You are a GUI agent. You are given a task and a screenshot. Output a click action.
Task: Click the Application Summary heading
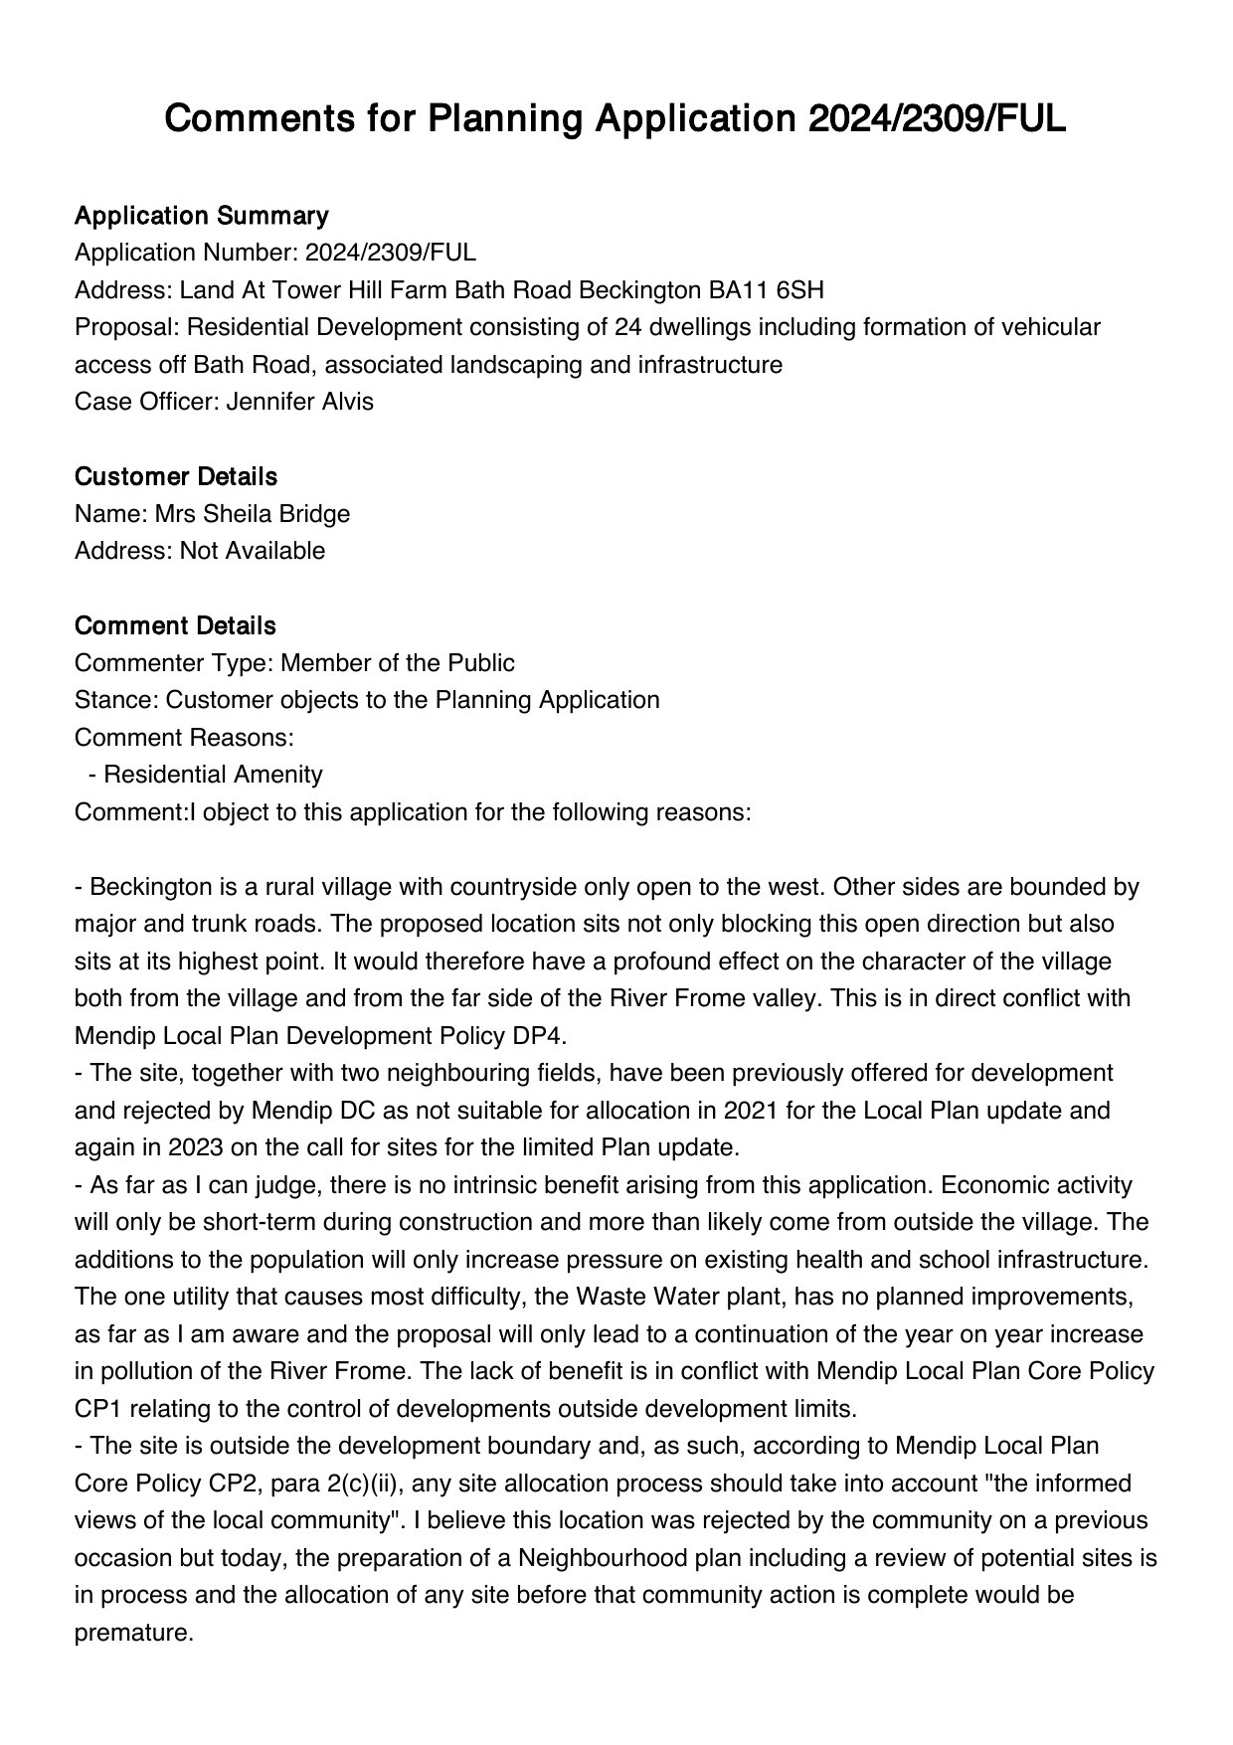pyautogui.click(x=201, y=216)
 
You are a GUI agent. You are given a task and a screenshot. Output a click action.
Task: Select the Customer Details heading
pyautogui.click(x=175, y=477)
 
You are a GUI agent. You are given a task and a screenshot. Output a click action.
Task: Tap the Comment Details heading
pyautogui.click(x=175, y=626)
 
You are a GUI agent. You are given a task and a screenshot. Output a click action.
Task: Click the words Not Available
pyautogui.click(x=252, y=551)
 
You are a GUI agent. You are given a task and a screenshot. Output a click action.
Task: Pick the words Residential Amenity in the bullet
pyautogui.click(x=213, y=775)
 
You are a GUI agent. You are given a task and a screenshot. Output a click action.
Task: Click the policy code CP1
pyautogui.click(x=98, y=1409)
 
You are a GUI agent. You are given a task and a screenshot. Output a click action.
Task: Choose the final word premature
pyautogui.click(x=133, y=1633)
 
